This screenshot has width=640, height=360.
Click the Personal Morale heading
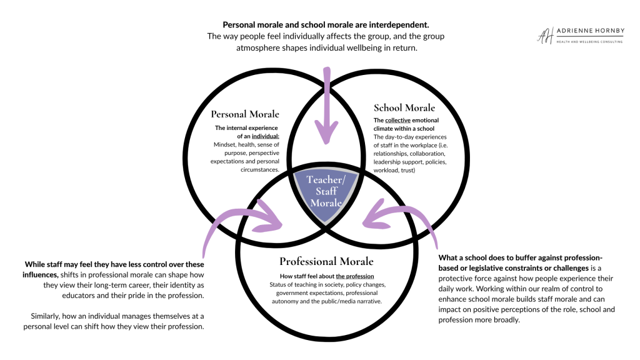245,114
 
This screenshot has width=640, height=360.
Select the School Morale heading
404,107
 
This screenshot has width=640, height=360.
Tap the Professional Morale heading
326,261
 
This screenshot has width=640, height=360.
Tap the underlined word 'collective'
399,120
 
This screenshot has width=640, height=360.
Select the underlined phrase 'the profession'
356,276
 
